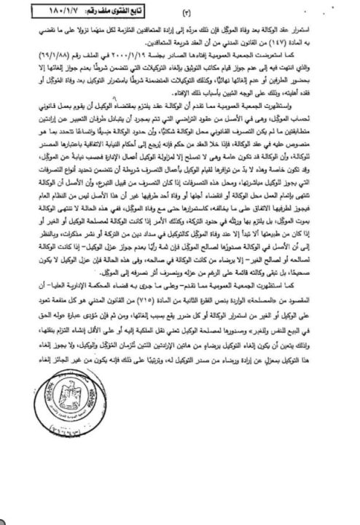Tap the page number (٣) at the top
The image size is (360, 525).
point(180,13)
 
